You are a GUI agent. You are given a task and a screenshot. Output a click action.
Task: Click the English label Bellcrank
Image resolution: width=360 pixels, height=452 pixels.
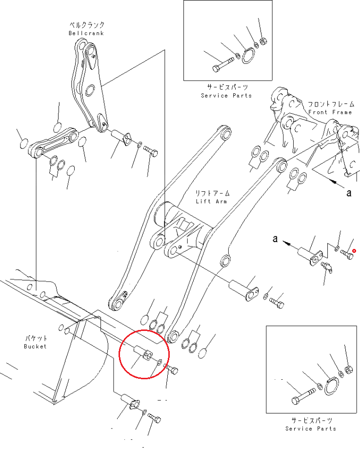(x=86, y=33)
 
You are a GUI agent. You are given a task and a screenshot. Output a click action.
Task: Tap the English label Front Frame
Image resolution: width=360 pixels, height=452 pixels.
(x=330, y=112)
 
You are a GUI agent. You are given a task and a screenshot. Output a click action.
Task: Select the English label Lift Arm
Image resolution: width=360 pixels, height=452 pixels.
(x=211, y=201)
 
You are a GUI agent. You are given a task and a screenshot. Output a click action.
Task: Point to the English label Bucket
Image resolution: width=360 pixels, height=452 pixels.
(x=35, y=346)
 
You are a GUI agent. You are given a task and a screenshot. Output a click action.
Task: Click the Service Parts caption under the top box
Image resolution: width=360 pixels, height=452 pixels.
(x=226, y=95)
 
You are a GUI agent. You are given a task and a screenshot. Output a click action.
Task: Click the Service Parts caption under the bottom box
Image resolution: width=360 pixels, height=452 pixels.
(x=311, y=429)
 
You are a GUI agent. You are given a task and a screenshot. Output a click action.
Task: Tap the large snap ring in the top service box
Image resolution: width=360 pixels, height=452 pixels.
(x=248, y=56)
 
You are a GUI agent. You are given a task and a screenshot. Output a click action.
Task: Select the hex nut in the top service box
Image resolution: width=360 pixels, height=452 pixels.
(x=263, y=41)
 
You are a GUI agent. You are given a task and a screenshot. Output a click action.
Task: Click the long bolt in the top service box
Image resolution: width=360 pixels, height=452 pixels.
(x=223, y=65)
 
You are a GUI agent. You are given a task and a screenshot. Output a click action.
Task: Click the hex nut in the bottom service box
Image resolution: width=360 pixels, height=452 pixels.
(x=348, y=369)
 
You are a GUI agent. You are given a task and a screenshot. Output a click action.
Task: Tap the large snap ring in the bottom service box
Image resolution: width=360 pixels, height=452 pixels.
(x=332, y=386)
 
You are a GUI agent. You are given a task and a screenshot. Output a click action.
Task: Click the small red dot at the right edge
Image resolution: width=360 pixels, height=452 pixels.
(x=354, y=251)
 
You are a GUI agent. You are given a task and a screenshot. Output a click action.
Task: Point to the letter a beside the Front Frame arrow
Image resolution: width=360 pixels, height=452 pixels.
(x=349, y=192)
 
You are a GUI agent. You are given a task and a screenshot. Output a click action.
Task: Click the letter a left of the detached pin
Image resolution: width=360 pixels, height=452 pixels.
(x=275, y=239)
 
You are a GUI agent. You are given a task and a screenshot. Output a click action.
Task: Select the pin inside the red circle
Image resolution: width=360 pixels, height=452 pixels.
(x=143, y=352)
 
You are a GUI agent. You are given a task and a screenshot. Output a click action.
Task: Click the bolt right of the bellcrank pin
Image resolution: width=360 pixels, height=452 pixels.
(x=150, y=151)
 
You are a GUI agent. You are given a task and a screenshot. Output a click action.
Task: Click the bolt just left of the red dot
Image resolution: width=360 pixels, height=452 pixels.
(x=346, y=254)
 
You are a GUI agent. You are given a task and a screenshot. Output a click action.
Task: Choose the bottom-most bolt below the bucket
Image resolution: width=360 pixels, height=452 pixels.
(x=154, y=418)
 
